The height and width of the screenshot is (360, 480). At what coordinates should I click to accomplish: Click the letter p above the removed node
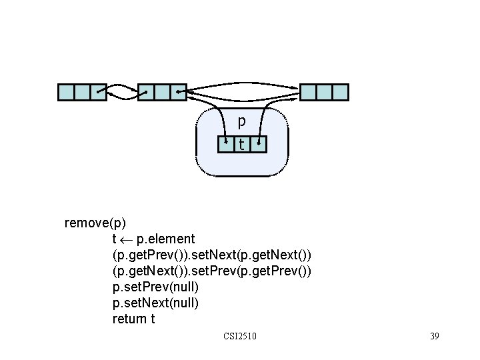coord(241,121)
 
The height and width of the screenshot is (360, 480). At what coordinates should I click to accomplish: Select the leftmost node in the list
coord(82,92)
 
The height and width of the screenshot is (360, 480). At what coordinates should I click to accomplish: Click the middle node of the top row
coord(162,92)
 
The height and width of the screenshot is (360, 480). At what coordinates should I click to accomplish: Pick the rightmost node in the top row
coord(325,92)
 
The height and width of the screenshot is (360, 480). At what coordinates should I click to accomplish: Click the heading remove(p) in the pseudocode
coord(95,223)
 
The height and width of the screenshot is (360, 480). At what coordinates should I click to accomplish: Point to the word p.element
coord(165,239)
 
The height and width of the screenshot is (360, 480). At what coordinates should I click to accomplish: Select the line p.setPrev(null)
coord(155,287)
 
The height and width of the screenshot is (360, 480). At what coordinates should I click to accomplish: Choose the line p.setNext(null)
coord(155,303)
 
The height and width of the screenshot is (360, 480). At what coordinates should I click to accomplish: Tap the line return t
coord(133,319)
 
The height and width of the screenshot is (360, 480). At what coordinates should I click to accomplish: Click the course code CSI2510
coord(240,336)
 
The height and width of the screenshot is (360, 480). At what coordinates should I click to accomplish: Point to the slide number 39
coord(434,336)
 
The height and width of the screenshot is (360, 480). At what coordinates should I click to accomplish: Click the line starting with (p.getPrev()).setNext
coord(211,255)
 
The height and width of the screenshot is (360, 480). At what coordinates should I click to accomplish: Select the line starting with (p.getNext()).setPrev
coord(211,271)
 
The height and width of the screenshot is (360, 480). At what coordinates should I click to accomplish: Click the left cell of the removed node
coord(226,143)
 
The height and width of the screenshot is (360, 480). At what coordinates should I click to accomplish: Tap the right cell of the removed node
coord(259,143)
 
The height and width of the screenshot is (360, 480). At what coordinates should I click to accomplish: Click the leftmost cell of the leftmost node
coord(66,92)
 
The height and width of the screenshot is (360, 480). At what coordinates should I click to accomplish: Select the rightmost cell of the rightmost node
coord(340,92)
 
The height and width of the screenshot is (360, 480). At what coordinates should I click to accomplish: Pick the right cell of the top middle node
coord(178,92)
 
